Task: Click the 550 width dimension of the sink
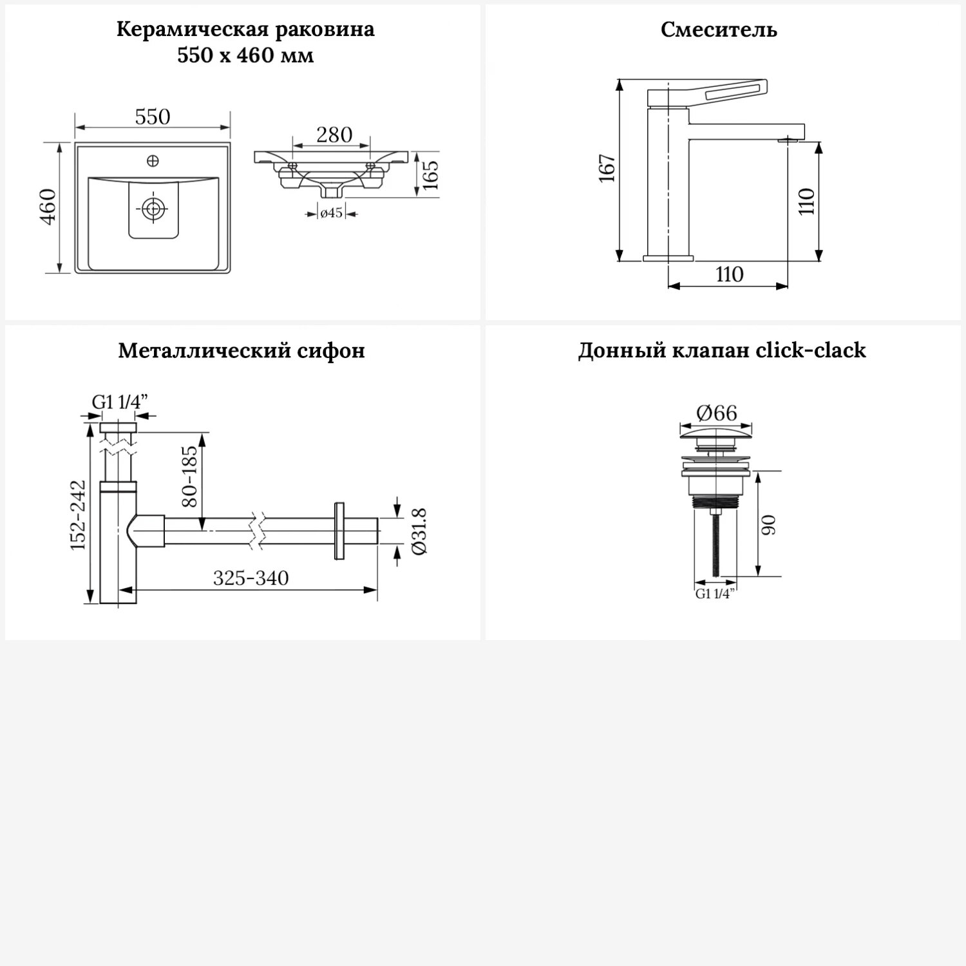(153, 117)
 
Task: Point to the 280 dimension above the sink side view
(334, 135)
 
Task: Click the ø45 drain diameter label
(332, 213)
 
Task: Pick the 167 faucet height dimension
(608, 169)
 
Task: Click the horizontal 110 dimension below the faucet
(729, 274)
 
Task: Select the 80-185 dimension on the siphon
(191, 476)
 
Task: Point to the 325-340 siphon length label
(251, 578)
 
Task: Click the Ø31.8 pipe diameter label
(419, 531)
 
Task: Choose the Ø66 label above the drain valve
(716, 413)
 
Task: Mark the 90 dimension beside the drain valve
(770, 525)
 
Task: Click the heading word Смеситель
(719, 30)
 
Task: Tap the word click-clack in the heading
(811, 350)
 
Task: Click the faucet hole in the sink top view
(153, 161)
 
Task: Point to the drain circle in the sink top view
(153, 209)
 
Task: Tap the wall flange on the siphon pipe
(340, 531)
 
